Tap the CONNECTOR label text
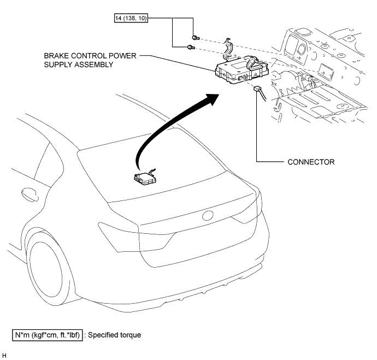pos(311,162)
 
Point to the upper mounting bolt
pos(197,37)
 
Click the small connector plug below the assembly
pos(258,90)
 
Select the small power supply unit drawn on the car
pos(145,177)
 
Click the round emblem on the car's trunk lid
pos(208,216)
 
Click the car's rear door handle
pos(25,192)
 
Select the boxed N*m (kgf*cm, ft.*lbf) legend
pos(49,334)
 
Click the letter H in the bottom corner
pos(4,356)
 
